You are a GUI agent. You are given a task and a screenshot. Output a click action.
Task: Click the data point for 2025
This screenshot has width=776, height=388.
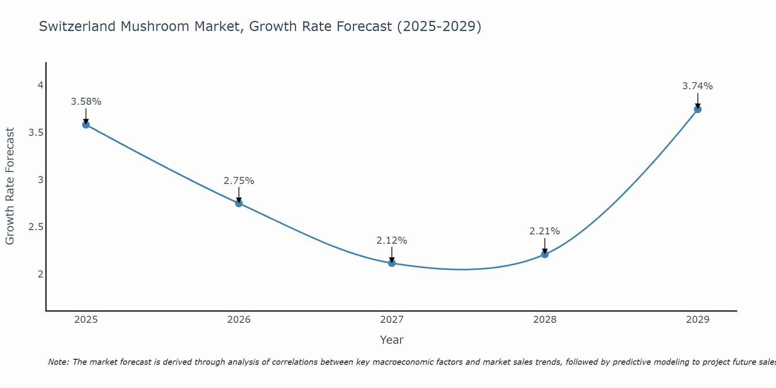point(86,125)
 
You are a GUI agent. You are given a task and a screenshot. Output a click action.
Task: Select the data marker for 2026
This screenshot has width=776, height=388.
point(239,203)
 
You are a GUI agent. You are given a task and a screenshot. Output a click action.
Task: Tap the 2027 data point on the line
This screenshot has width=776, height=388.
point(392,263)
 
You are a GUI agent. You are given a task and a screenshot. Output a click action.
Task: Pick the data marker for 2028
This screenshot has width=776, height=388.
point(545,255)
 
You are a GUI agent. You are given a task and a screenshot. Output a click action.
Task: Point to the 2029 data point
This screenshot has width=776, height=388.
point(698,109)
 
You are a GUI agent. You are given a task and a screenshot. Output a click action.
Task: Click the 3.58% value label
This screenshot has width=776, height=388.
point(86,102)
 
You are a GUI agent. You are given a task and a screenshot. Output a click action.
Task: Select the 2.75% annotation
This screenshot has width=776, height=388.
point(239,181)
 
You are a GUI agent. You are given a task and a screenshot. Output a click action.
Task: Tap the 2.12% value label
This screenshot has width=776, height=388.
point(392,241)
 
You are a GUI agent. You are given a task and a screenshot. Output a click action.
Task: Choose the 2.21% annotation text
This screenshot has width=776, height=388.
point(545,231)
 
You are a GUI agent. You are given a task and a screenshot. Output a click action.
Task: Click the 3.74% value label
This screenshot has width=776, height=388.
point(698,86)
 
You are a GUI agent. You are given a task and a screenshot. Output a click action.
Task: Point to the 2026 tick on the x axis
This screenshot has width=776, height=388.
point(239,320)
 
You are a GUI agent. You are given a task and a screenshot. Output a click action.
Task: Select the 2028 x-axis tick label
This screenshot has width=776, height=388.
point(545,320)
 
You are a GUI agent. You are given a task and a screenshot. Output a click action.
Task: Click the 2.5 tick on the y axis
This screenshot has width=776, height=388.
point(36,227)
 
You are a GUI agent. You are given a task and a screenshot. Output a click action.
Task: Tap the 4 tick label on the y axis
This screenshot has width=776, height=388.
point(40,85)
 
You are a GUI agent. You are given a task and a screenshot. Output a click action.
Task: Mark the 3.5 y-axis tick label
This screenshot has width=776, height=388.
point(36,133)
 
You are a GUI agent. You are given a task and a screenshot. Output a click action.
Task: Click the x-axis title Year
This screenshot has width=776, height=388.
point(392,340)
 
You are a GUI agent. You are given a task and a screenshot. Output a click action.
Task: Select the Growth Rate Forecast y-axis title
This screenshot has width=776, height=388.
point(10,186)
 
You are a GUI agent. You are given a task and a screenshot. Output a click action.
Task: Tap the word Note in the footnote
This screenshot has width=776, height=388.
point(58,362)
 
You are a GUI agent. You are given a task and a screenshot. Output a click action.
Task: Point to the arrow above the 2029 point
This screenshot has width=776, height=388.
point(698,100)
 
